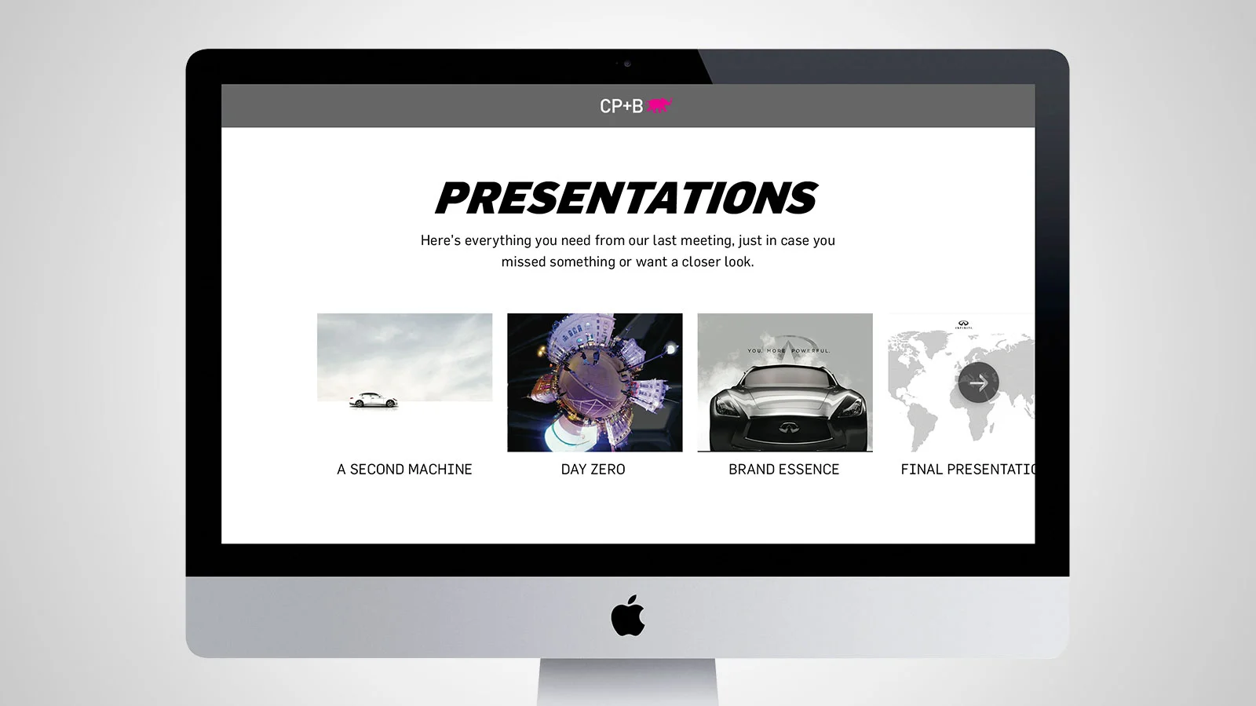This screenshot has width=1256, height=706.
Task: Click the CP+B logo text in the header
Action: pos(621,106)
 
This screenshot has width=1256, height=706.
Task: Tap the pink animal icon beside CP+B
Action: pos(659,105)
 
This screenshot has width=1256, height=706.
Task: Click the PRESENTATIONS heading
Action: pos(626,198)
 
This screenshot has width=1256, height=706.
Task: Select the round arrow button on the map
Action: pos(978,382)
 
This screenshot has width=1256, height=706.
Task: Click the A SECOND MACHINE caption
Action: pos(404,470)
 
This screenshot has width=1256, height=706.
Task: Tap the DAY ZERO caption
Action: pos(593,470)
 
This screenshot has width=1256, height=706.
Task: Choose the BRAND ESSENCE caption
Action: pos(783,470)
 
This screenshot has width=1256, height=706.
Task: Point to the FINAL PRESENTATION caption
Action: pos(967,470)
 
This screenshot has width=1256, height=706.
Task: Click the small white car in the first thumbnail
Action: pos(373,401)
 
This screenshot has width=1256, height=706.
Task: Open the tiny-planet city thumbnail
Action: pos(594,382)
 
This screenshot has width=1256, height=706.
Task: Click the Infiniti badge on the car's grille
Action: pos(786,428)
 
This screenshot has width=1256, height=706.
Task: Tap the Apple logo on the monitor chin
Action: pos(627,616)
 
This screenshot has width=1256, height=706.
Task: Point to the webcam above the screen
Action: pos(626,64)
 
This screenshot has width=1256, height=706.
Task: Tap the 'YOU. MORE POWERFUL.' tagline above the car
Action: pos(788,350)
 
